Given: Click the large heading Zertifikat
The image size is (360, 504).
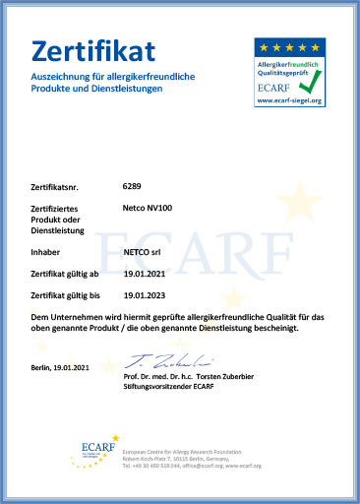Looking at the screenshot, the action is click(x=93, y=51).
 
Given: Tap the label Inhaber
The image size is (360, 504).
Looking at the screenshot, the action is click(x=46, y=252).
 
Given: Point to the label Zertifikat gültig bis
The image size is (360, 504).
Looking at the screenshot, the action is click(x=66, y=295).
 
